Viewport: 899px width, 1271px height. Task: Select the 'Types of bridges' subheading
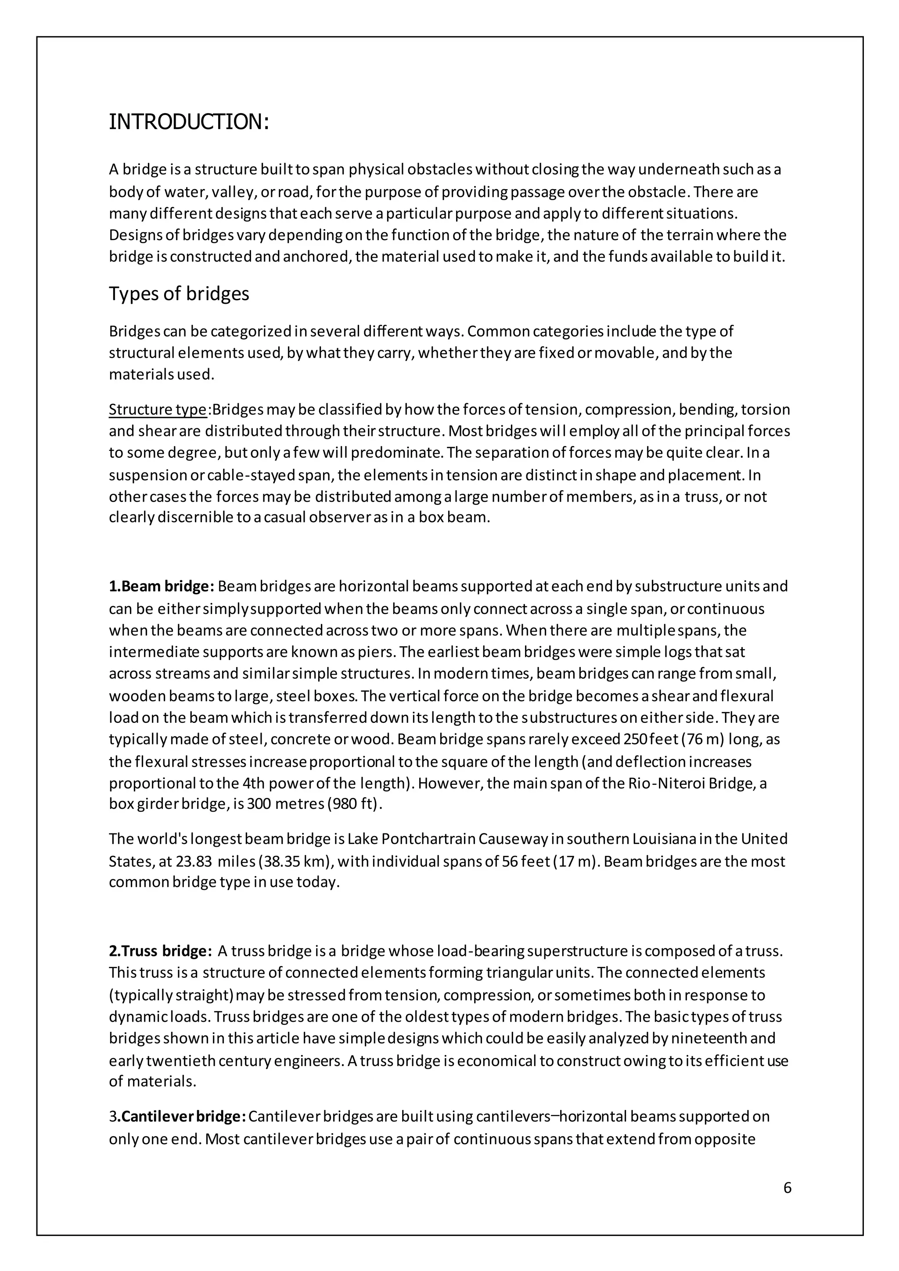[179, 294]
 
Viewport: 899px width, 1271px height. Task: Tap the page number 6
[787, 1188]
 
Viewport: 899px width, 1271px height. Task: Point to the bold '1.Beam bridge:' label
[161, 586]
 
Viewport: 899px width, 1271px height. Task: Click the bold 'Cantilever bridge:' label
[183, 1116]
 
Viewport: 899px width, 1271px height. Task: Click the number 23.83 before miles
[194, 862]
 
